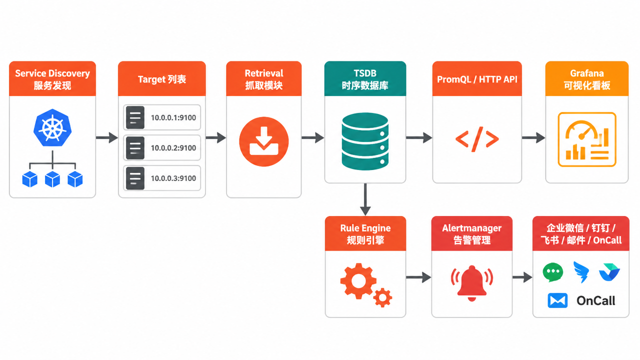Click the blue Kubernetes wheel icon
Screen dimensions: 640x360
click(52, 127)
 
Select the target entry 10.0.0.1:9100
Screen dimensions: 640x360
click(162, 117)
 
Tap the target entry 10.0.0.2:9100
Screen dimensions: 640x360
click(162, 147)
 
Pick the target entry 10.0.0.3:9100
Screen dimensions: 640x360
click(162, 178)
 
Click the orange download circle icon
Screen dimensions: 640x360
click(263, 141)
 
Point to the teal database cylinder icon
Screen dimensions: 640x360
click(365, 141)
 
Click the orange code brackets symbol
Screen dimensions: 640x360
click(477, 139)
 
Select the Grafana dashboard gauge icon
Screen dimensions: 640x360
click(587, 139)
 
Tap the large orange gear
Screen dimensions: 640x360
click(358, 281)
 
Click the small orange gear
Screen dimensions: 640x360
click(382, 297)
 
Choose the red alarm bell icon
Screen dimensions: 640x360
click(471, 283)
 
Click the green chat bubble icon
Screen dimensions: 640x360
click(553, 272)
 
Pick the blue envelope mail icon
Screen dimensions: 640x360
click(557, 300)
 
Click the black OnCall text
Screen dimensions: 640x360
click(595, 300)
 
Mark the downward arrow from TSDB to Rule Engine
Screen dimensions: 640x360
click(365, 199)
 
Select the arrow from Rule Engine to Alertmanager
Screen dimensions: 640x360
click(418, 277)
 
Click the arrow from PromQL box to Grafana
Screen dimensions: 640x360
click(533, 137)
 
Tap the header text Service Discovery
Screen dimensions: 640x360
click(52, 73)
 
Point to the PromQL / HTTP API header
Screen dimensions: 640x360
click(477, 79)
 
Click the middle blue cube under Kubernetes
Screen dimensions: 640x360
click(52, 179)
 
